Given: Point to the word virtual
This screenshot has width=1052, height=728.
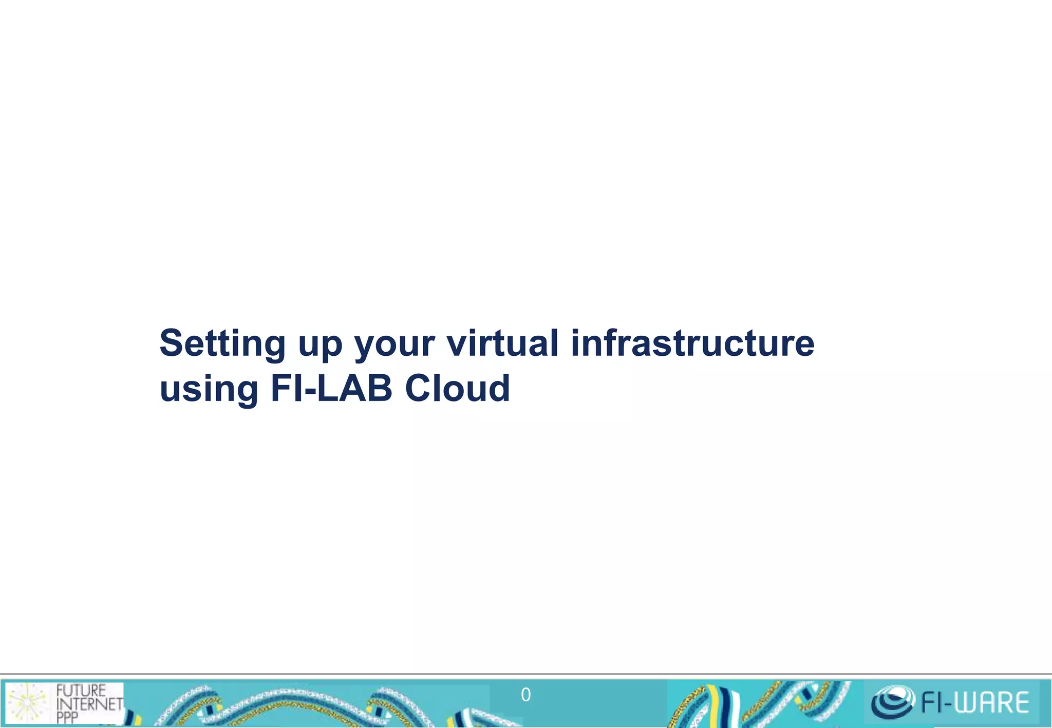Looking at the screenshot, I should pyautogui.click(x=502, y=343).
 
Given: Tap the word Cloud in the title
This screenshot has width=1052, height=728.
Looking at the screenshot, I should pyautogui.click(x=457, y=388).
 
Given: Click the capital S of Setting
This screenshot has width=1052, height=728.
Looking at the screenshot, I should pyautogui.click(x=172, y=343).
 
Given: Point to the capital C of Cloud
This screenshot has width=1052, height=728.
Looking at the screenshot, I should pyautogui.click(x=419, y=389).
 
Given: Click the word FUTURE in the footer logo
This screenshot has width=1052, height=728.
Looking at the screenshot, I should pyautogui.click(x=81, y=691).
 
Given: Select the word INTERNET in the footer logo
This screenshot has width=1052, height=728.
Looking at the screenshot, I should pyautogui.click(x=90, y=704).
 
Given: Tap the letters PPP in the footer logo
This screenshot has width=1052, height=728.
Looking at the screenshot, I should pyautogui.click(x=67, y=717).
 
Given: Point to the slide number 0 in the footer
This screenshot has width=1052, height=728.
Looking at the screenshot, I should pyautogui.click(x=525, y=695).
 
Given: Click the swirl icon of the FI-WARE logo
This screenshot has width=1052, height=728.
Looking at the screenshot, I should pyautogui.click(x=893, y=702).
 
